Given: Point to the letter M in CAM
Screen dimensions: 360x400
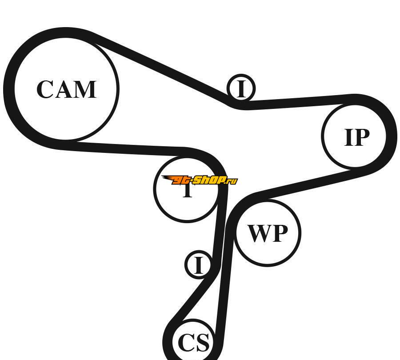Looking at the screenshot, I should pyautogui.click(x=86, y=89).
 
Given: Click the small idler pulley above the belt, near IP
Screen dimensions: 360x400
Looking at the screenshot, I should pyautogui.click(x=241, y=88).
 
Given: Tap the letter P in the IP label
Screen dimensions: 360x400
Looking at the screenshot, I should pyautogui.click(x=362, y=137).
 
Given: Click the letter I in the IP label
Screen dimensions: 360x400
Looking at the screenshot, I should pyautogui.click(x=348, y=137).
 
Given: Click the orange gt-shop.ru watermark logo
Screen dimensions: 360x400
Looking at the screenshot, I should pyautogui.click(x=200, y=180).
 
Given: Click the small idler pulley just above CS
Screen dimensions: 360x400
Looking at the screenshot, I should pyautogui.click(x=198, y=265).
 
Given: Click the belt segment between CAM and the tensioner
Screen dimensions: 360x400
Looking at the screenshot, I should pyautogui.click(x=129, y=148).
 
